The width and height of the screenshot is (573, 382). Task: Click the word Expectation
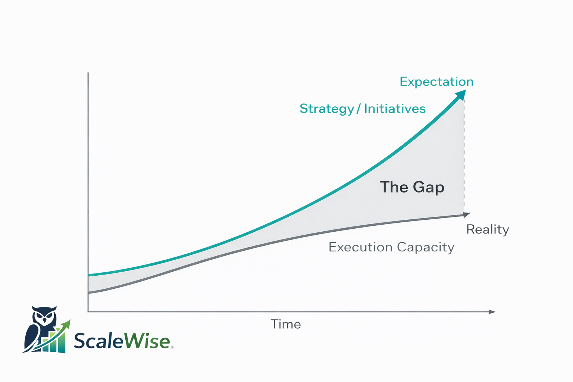click(436, 82)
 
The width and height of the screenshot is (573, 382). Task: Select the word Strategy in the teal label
click(327, 109)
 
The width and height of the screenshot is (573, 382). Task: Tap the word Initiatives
click(395, 109)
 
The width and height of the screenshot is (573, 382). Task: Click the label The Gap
click(412, 187)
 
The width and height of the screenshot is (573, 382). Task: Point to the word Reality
click(488, 229)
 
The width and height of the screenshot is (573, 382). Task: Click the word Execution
click(360, 247)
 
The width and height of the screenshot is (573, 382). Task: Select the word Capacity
click(426, 247)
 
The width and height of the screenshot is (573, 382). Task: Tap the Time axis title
click(286, 324)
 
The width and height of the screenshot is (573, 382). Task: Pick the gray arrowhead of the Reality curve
click(467, 215)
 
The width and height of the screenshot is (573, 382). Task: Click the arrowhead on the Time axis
click(492, 311)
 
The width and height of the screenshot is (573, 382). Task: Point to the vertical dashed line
click(464, 157)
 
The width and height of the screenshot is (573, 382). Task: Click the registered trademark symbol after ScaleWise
click(172, 347)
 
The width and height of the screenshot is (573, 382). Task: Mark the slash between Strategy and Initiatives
click(358, 109)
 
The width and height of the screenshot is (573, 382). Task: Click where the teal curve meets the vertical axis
click(88, 275)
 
